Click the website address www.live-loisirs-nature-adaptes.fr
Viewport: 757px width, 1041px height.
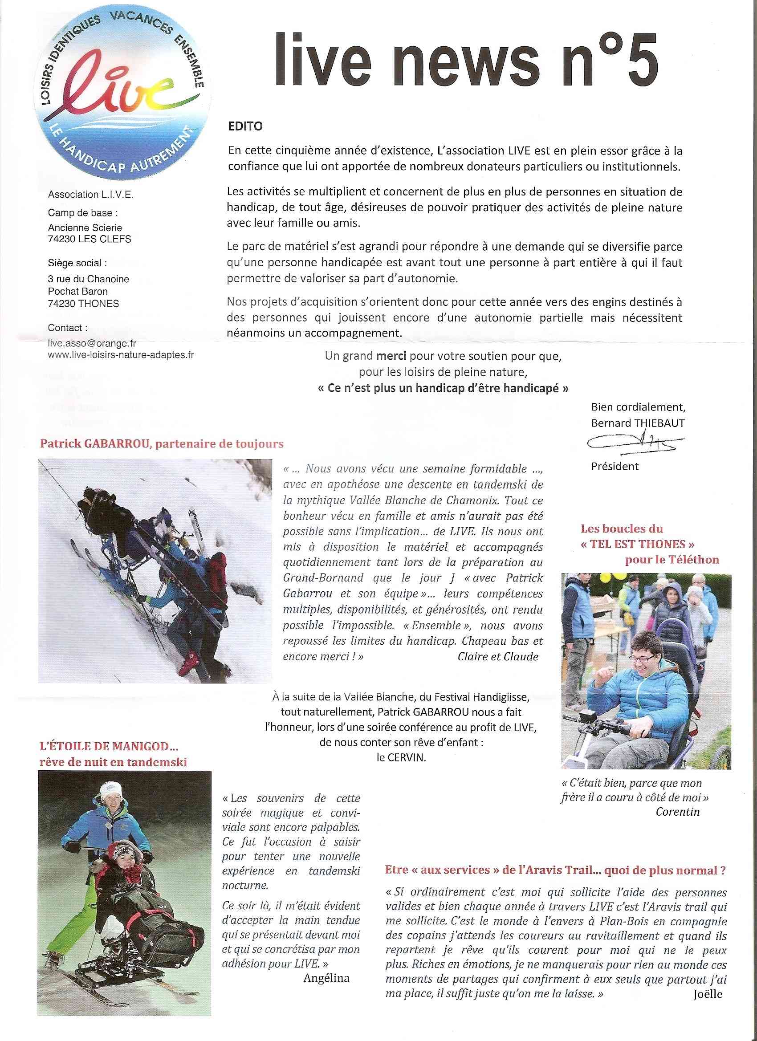pyautogui.click(x=121, y=355)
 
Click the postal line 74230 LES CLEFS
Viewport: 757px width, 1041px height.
pyautogui.click(x=90, y=239)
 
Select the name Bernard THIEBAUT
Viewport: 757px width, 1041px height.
pyautogui.click(x=638, y=423)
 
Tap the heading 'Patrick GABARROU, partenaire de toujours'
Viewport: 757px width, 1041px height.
pyautogui.click(x=162, y=444)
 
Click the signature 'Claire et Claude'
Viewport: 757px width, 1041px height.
pyautogui.click(x=498, y=656)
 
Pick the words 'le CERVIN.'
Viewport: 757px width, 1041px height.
pyautogui.click(x=401, y=758)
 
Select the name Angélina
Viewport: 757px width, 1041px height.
pyautogui.click(x=326, y=978)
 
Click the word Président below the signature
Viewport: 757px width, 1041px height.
pyautogui.click(x=615, y=466)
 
